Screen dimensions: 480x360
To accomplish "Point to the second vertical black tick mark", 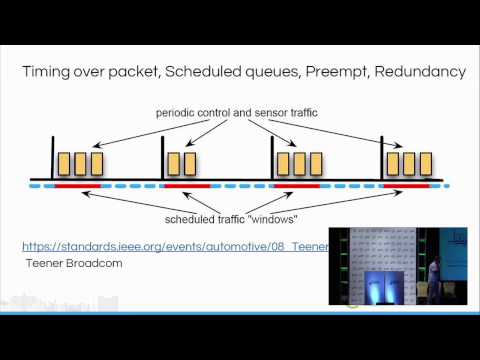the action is tap(163, 163).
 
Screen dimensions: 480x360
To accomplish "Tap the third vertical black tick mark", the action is tap(273, 163).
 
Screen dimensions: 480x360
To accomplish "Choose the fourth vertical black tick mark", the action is tap(383, 163).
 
